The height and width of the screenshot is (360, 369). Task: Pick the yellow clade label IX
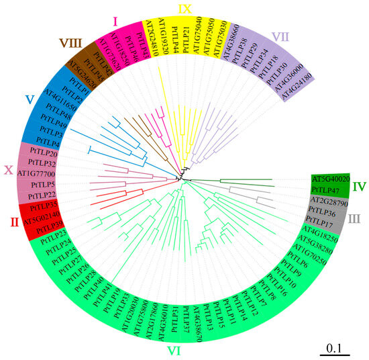pyautogui.click(x=184, y=8)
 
